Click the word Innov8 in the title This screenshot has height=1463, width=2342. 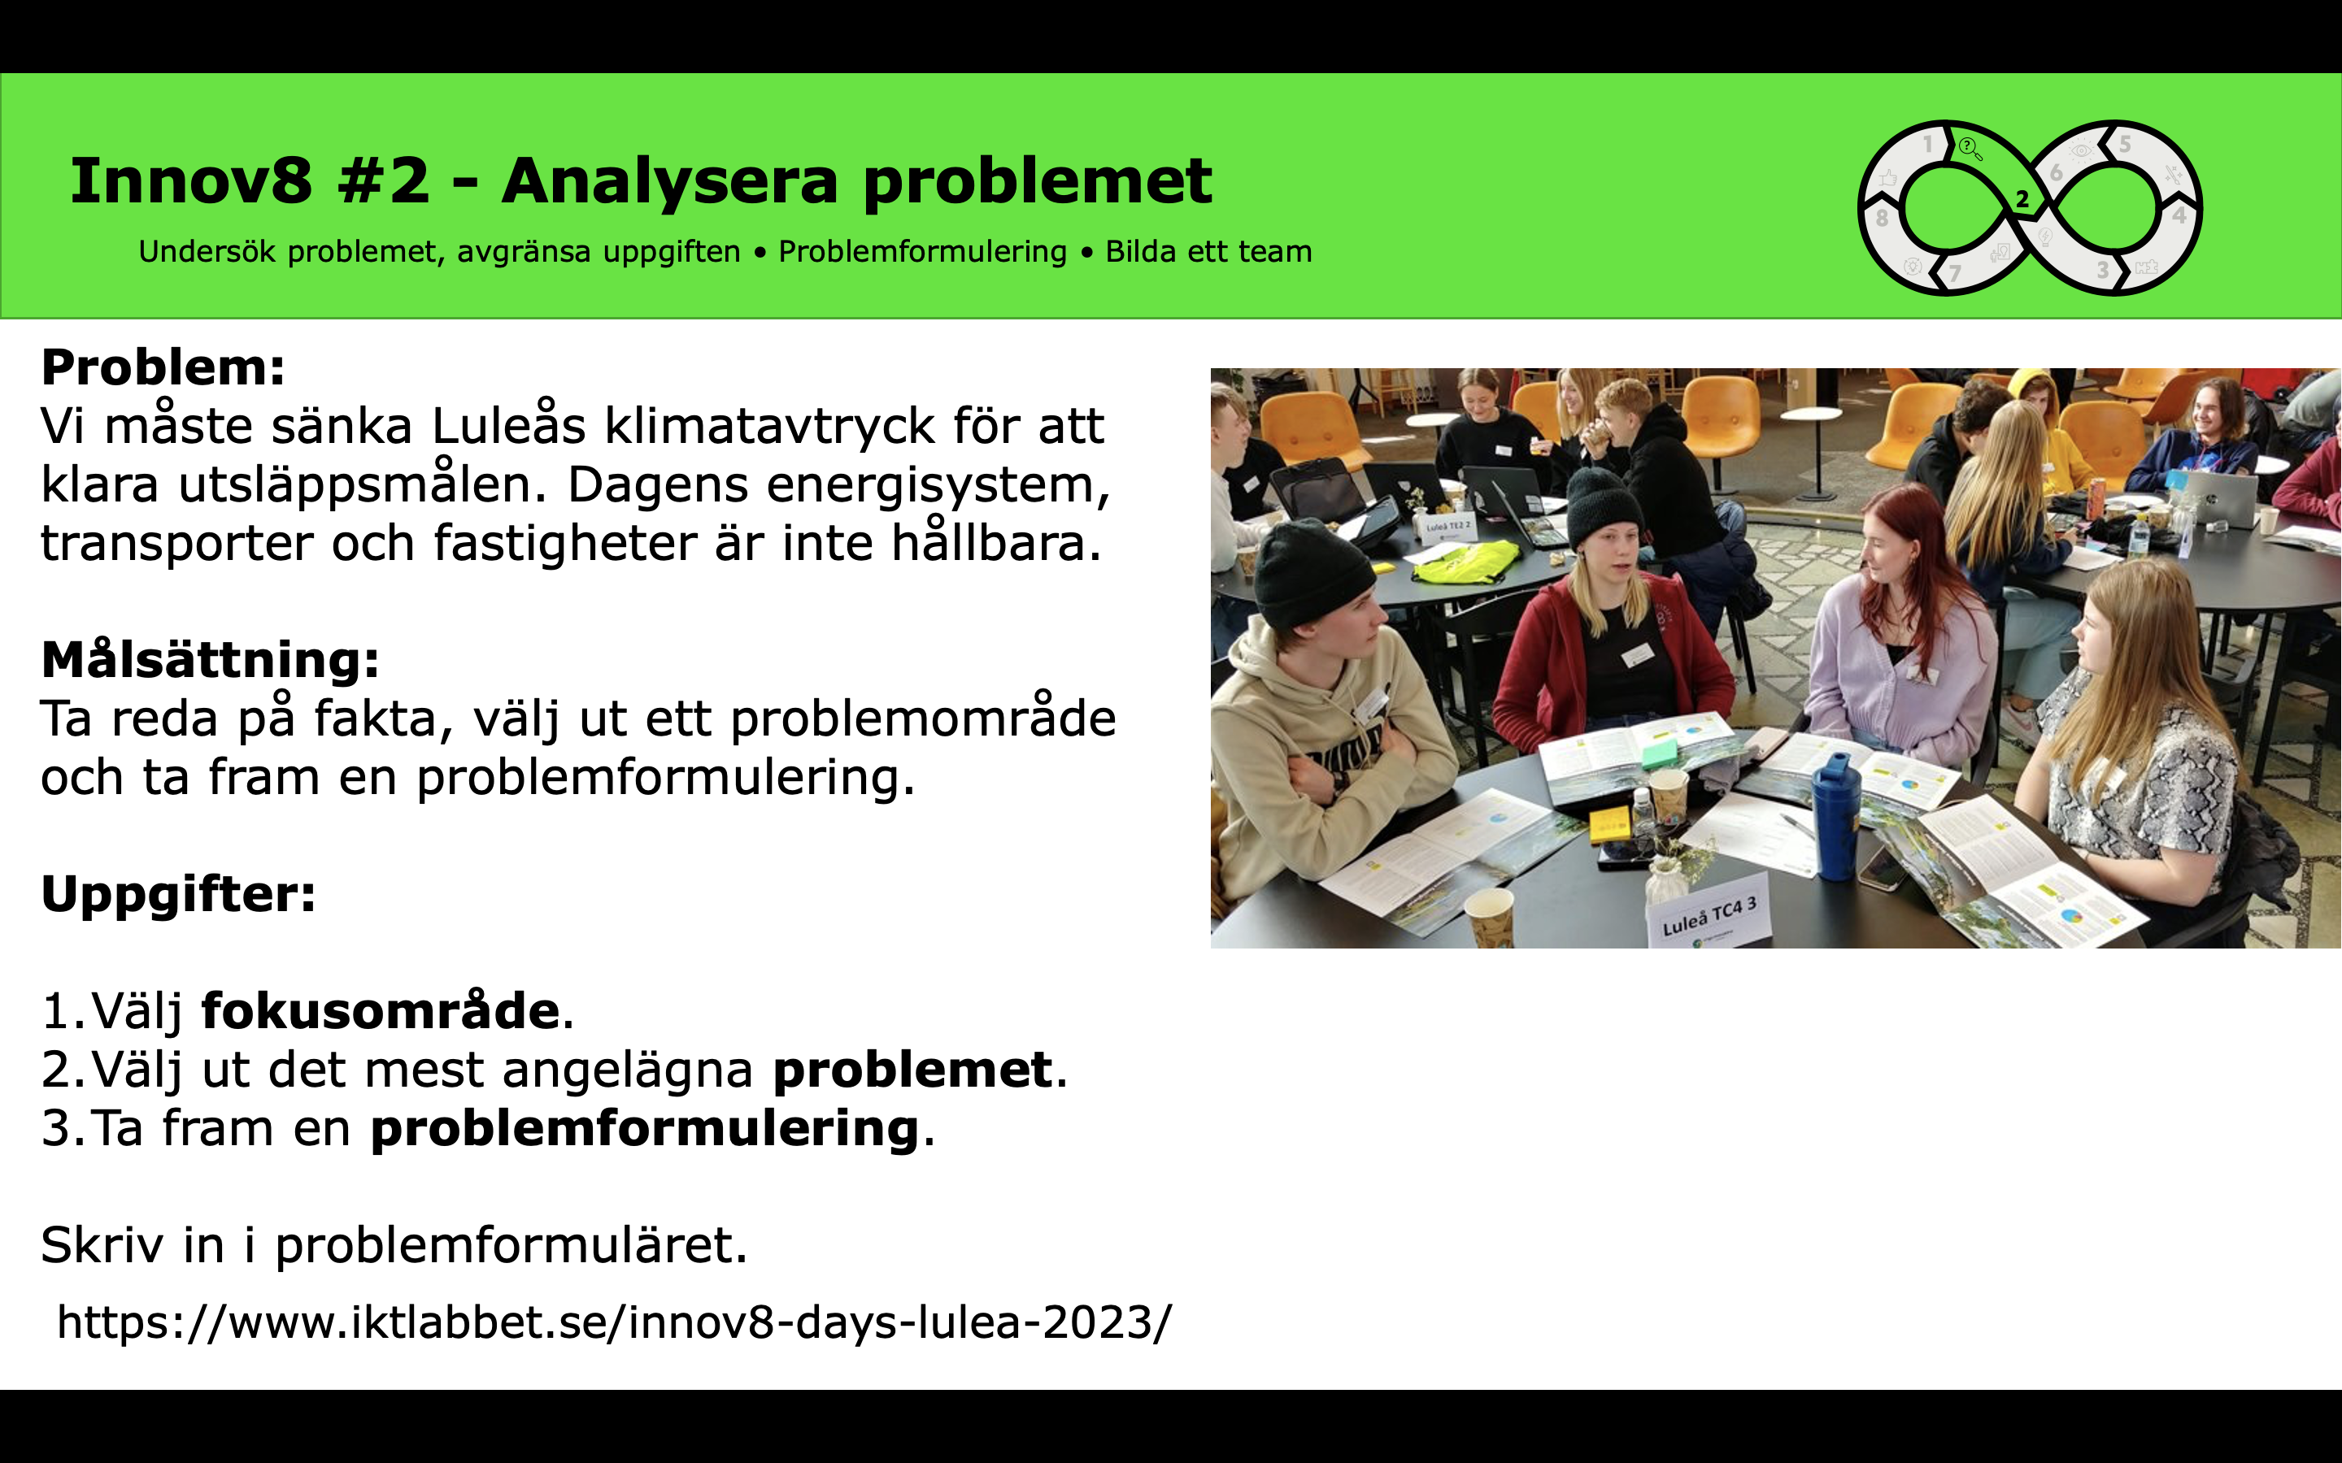pyautogui.click(x=190, y=181)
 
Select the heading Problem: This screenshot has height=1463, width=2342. pyautogui.click(x=163, y=367)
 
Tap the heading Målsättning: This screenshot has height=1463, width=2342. pyautogui.click(x=210, y=661)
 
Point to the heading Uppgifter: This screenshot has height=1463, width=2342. pyautogui.click(x=178, y=895)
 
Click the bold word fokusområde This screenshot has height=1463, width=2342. pyautogui.click(x=381, y=1010)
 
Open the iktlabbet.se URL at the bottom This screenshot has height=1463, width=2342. pyautogui.click(x=615, y=1322)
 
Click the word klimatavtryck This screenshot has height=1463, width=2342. pyautogui.click(x=770, y=426)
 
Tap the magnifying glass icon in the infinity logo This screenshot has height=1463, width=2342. pyautogui.click(x=1970, y=149)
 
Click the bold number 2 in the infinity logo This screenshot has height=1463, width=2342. pyautogui.click(x=2022, y=200)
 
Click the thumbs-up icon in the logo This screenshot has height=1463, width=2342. pyautogui.click(x=1888, y=178)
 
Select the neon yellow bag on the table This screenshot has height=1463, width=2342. pyautogui.click(x=1465, y=561)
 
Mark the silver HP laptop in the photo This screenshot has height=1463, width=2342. pyautogui.click(x=2217, y=498)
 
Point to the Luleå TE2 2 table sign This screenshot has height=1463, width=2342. pyautogui.click(x=1447, y=527)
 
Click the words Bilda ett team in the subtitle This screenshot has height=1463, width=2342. pyautogui.click(x=1208, y=252)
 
